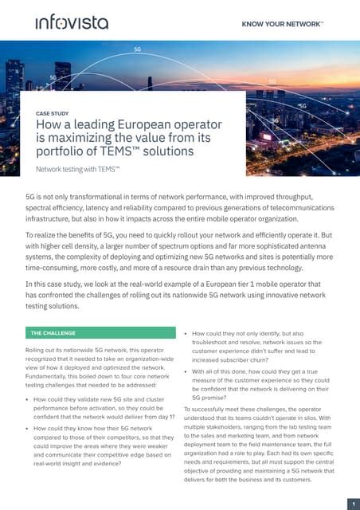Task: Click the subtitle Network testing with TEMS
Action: click(x=79, y=170)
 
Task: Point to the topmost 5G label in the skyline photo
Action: click(x=137, y=49)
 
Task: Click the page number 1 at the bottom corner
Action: click(x=351, y=503)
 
